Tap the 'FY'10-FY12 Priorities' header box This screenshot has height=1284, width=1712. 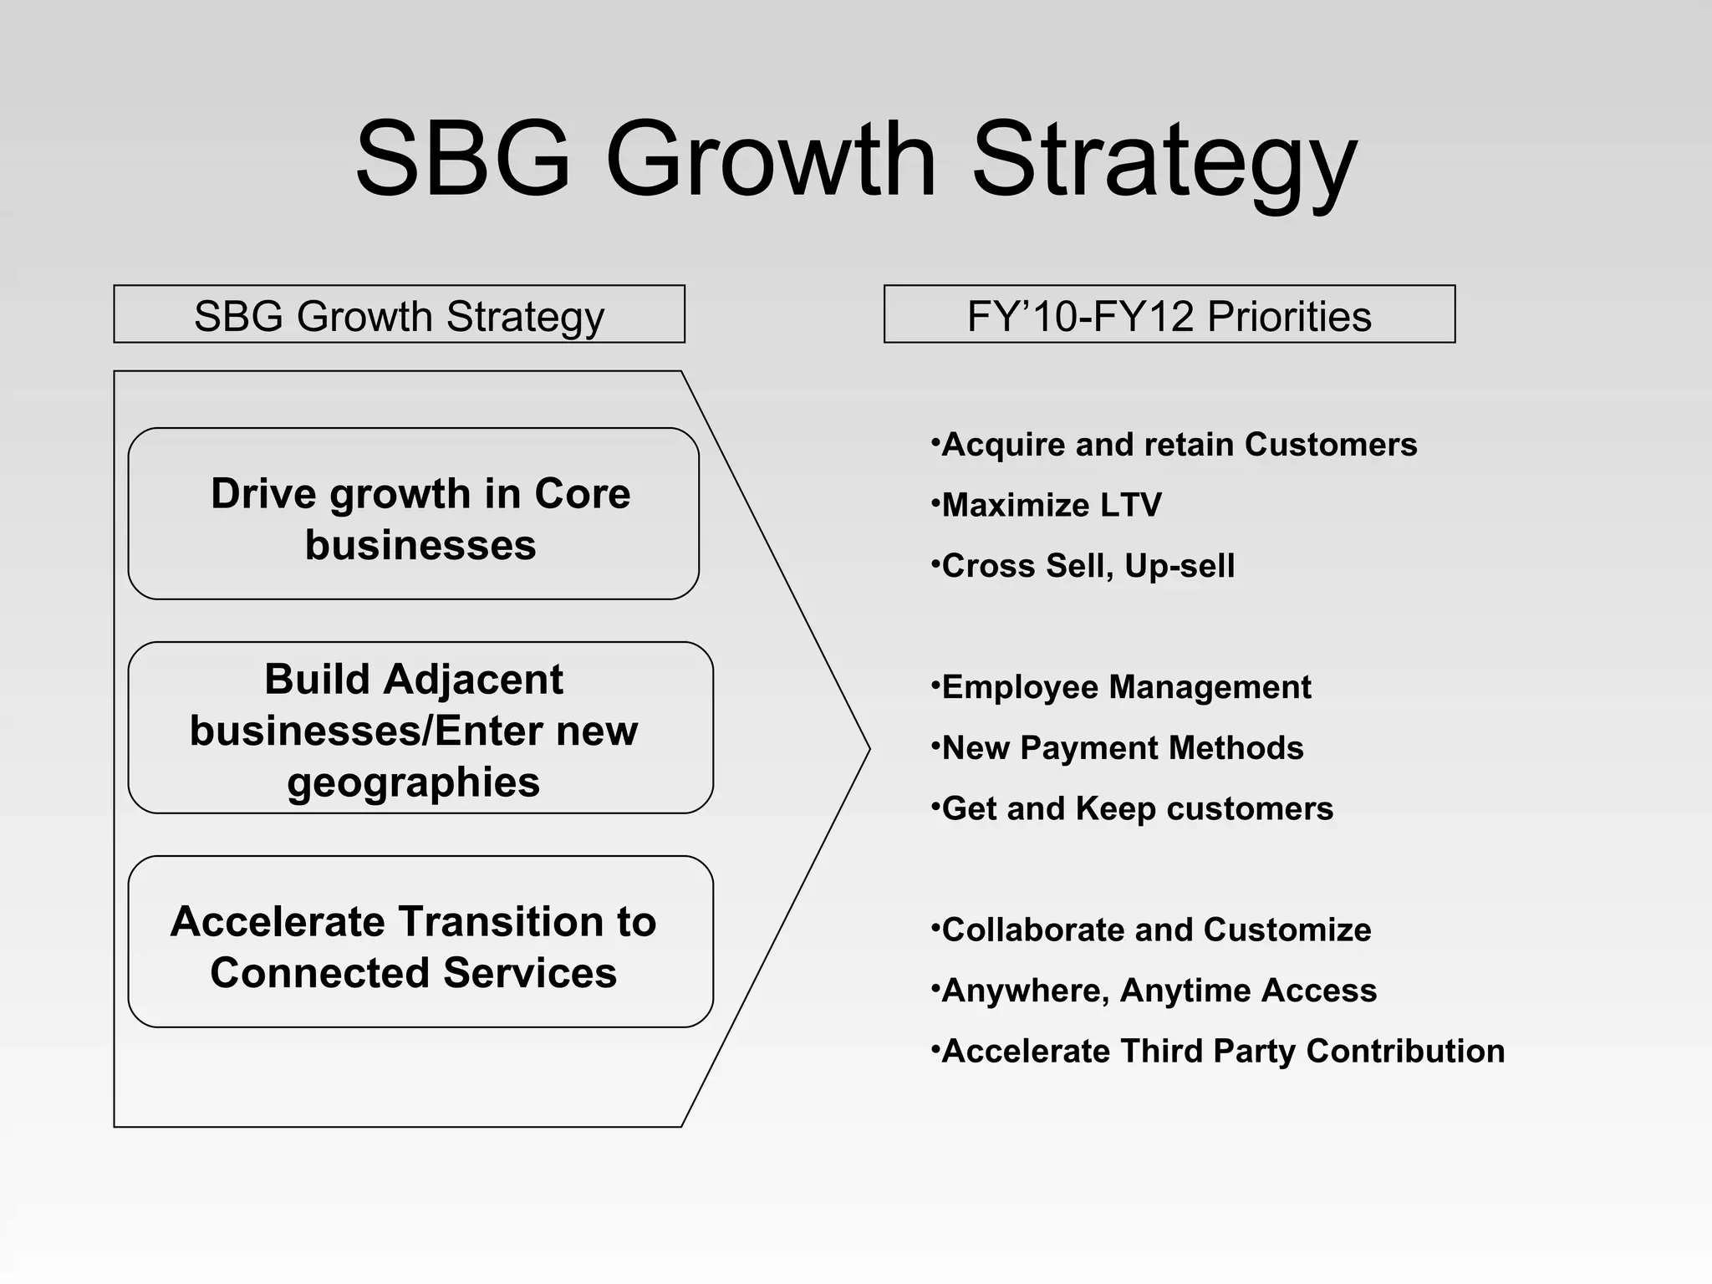coord(1169,315)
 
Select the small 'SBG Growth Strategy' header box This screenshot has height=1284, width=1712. coord(399,315)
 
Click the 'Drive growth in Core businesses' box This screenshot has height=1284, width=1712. coord(413,514)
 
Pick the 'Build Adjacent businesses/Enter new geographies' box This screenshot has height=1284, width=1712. coord(420,728)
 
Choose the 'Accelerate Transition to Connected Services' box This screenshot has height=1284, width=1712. coord(420,942)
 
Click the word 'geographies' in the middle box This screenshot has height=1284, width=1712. coord(414,783)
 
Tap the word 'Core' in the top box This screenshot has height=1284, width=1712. coord(582,493)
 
